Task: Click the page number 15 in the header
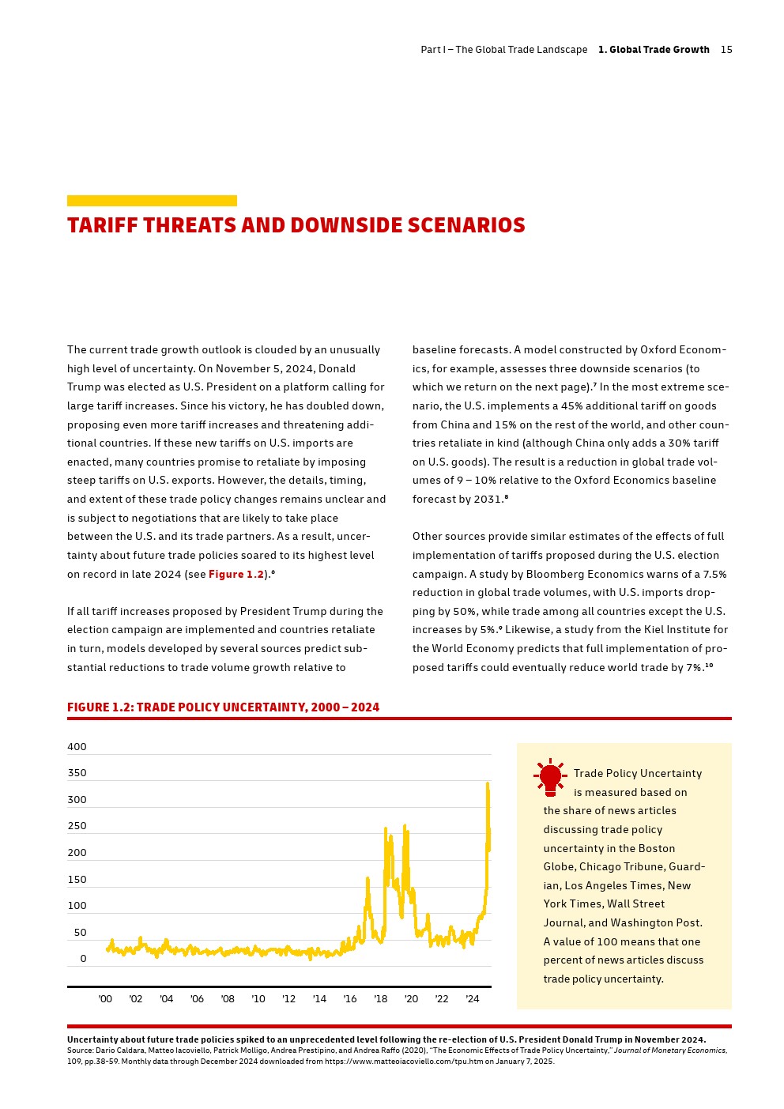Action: (x=726, y=50)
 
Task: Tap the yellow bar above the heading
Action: (x=152, y=201)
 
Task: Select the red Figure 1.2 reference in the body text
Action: (x=236, y=575)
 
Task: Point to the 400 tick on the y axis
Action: (x=77, y=747)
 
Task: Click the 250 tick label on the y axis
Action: (x=77, y=826)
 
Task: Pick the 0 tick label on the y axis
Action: (x=83, y=959)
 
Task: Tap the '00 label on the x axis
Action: (x=105, y=999)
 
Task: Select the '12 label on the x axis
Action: (x=288, y=999)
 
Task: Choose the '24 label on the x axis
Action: (x=472, y=999)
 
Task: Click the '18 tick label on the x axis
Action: (x=380, y=999)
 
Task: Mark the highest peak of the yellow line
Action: (x=488, y=783)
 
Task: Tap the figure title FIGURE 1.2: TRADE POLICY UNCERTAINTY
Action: (x=223, y=707)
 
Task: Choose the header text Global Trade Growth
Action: (x=654, y=50)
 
